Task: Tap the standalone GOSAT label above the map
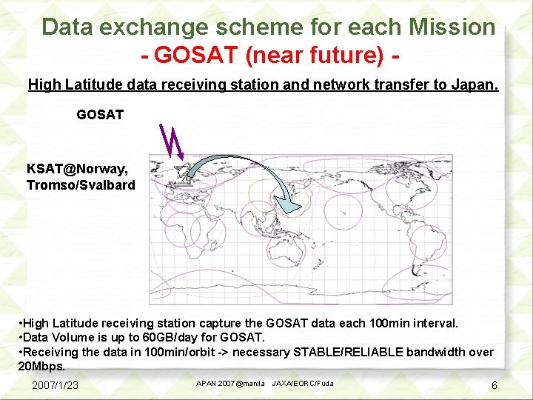pos(100,115)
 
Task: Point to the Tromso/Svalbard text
pos(81,185)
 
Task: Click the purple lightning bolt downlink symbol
pos(172,141)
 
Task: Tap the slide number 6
pos(494,386)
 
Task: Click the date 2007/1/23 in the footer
pos(55,386)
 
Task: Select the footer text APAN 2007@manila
pos(229,384)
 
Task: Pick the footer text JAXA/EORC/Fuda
pos(303,384)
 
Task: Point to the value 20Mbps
pos(41,366)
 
